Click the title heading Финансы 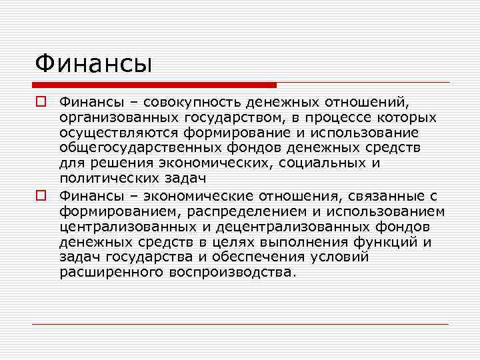coord(94,64)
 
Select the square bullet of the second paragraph coord(41,196)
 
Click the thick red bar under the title coord(154,85)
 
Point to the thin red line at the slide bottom coord(240,324)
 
